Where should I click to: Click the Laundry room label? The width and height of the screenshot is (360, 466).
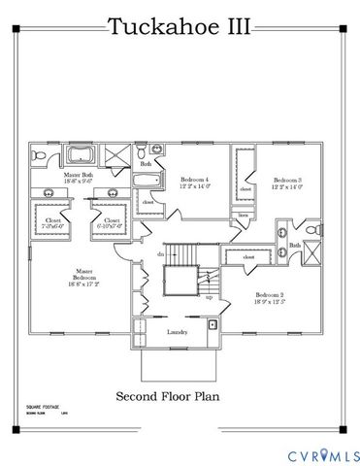coord(178,332)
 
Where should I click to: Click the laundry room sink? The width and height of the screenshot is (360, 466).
coord(211,322)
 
